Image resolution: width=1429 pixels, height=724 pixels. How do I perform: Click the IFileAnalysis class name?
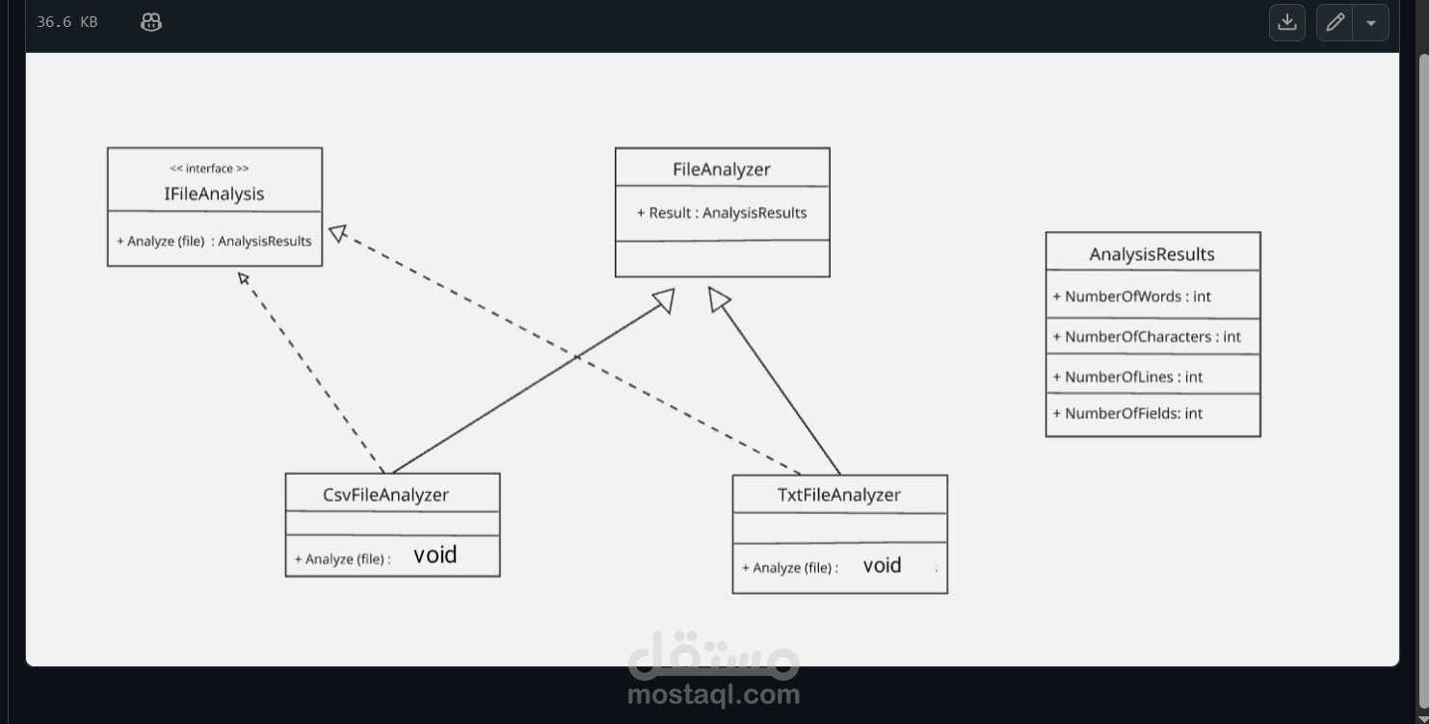214,194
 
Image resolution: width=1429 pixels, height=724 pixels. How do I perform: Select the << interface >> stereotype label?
209,168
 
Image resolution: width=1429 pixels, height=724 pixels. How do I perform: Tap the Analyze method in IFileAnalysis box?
214,241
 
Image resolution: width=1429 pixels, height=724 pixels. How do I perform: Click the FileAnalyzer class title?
722,169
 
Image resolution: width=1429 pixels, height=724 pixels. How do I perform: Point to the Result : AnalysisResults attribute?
722,213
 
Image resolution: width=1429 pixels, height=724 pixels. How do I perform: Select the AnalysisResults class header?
1151,254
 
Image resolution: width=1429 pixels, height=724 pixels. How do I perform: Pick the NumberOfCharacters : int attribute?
1146,337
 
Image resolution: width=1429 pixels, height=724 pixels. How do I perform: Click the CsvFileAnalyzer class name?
385,495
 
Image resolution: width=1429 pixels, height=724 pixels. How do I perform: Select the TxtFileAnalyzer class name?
838,495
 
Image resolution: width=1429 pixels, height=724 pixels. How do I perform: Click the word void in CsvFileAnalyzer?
435,556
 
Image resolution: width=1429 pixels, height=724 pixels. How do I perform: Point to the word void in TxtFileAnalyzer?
882,565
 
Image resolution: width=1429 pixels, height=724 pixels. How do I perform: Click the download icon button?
1286,22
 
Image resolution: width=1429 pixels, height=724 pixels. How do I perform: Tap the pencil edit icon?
1335,22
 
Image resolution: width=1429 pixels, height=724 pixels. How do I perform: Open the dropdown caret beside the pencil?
1370,22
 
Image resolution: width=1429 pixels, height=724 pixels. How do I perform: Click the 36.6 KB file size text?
66,22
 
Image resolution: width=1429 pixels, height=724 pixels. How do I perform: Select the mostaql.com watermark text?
713,694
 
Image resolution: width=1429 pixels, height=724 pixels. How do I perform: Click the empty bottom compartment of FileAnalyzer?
722,258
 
